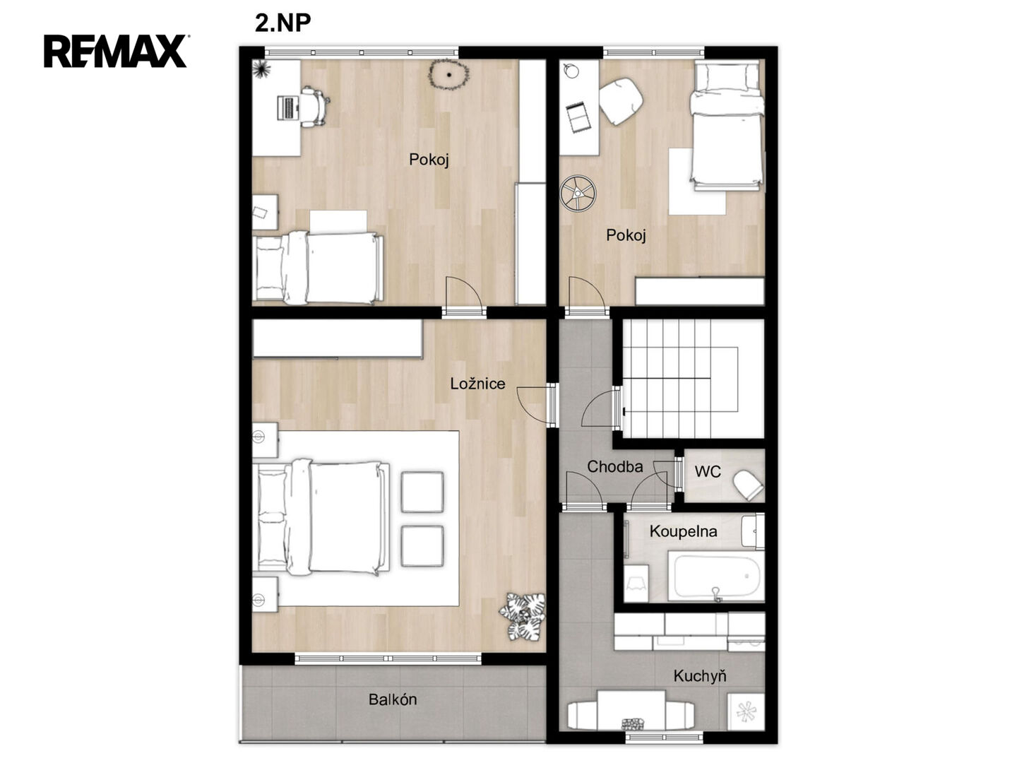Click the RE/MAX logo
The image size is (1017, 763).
[115, 51]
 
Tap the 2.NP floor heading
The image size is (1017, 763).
[282, 23]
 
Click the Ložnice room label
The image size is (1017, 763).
[477, 384]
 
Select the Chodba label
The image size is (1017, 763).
[614, 466]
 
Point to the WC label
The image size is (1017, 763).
[708, 472]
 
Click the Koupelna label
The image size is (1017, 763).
[683, 531]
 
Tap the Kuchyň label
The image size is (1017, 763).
[700, 676]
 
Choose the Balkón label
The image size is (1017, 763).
[393, 699]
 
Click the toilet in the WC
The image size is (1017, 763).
[748, 485]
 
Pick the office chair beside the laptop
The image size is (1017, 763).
[315, 107]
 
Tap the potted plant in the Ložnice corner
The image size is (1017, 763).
[523, 616]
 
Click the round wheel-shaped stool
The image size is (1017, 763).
[577, 193]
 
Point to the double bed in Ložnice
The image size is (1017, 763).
[320, 517]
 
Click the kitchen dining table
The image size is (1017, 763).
[631, 710]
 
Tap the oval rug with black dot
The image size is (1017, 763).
[448, 74]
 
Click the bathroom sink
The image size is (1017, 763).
[752, 531]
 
